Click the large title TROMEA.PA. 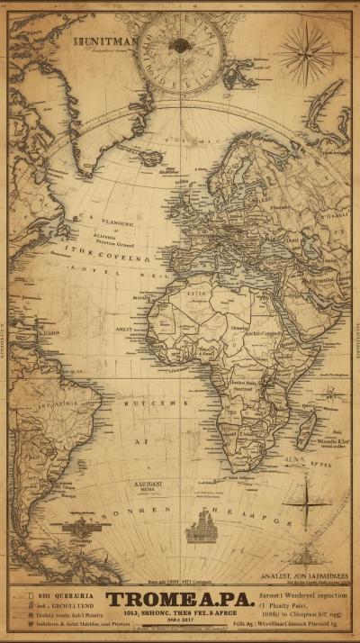point(180,601)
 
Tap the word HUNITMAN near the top point(107,41)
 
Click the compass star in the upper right point(305,54)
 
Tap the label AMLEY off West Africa point(124,330)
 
